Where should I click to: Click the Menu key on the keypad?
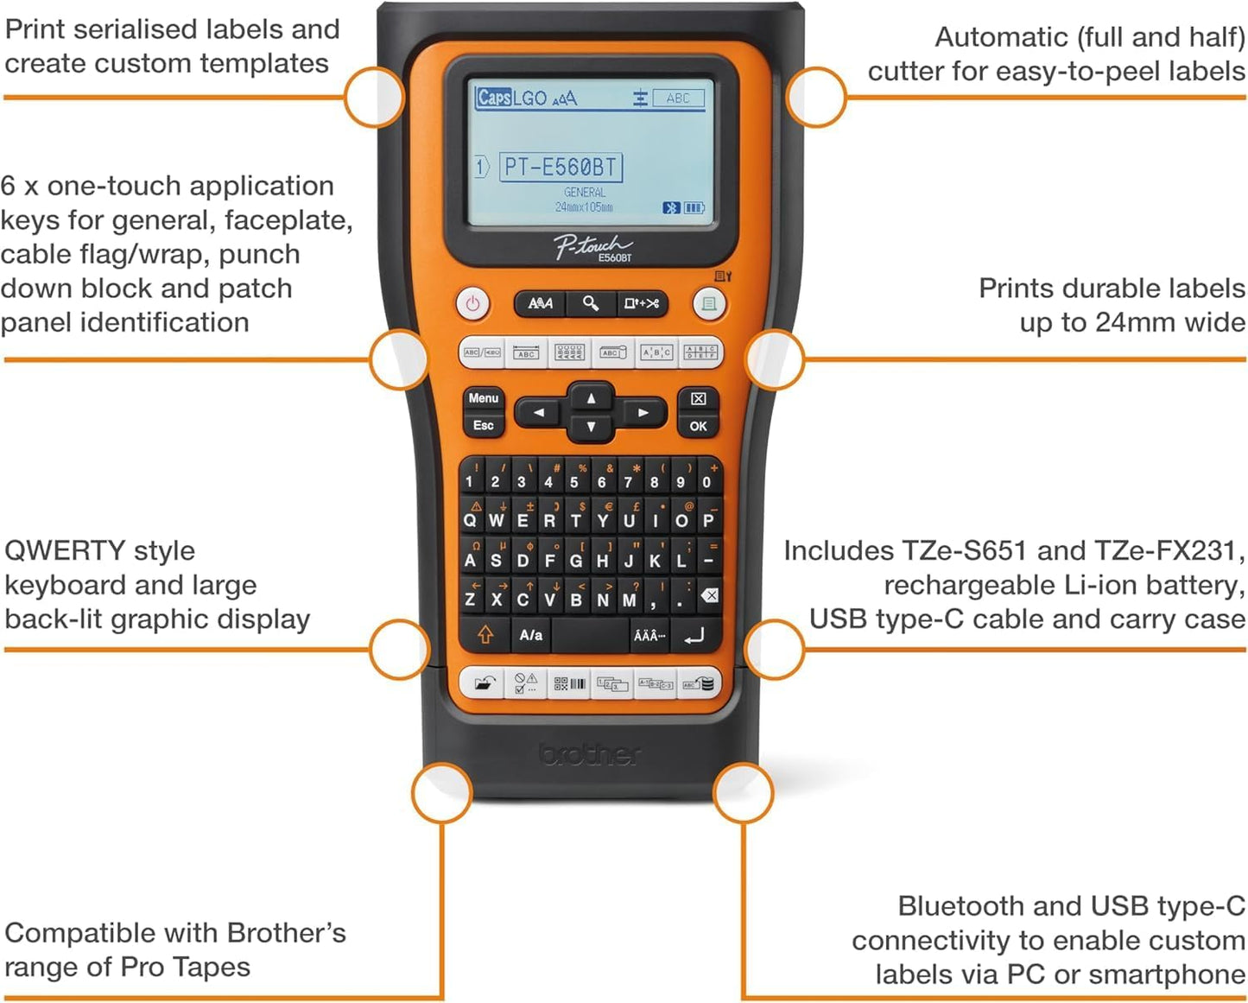pyautogui.click(x=483, y=398)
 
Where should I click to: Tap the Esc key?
pyautogui.click(x=483, y=425)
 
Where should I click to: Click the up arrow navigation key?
pyautogui.click(x=591, y=398)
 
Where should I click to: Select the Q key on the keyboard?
pyautogui.click(x=470, y=520)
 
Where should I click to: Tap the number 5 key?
pyautogui.click(x=574, y=481)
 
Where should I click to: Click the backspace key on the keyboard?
pyautogui.click(x=709, y=595)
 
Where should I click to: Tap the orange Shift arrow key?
pyautogui.click(x=485, y=635)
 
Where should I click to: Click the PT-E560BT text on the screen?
pyautogui.click(x=561, y=167)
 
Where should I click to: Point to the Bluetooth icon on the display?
pyautogui.click(x=670, y=208)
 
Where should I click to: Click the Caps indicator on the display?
pyautogui.click(x=493, y=98)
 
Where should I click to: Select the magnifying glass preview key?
pyautogui.click(x=591, y=303)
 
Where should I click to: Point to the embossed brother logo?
pyautogui.click(x=591, y=754)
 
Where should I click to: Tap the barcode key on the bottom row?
pyautogui.click(x=569, y=684)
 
